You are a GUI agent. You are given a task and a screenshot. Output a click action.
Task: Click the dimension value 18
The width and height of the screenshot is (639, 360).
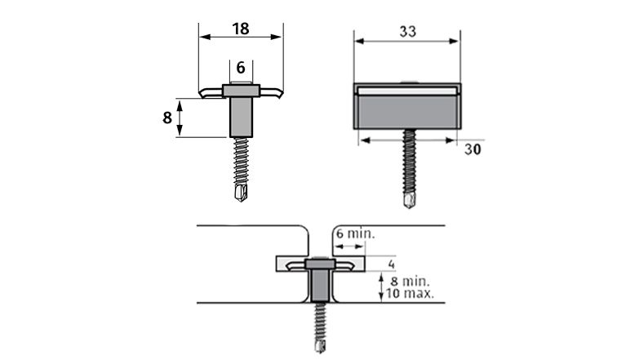pyautogui.click(x=241, y=29)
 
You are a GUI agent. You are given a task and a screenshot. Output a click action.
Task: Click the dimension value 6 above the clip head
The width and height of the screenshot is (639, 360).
pyautogui.click(x=241, y=68)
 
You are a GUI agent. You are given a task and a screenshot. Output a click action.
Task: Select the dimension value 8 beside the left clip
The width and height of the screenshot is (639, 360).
pyautogui.click(x=167, y=118)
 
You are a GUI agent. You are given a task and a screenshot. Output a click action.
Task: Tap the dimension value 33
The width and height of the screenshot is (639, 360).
pyautogui.click(x=407, y=31)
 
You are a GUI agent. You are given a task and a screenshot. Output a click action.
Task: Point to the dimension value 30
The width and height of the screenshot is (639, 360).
pyautogui.click(x=473, y=149)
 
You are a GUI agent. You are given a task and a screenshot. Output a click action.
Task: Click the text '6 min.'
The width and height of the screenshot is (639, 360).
pyautogui.click(x=355, y=234)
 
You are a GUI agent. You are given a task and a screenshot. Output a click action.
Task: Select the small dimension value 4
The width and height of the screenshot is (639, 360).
pyautogui.click(x=391, y=264)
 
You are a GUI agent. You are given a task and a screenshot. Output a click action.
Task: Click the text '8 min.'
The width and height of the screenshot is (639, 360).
pyautogui.click(x=410, y=282)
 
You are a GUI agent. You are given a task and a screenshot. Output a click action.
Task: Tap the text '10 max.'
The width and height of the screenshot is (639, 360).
pyautogui.click(x=410, y=293)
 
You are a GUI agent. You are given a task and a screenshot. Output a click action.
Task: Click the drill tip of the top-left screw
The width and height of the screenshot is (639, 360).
pyautogui.click(x=241, y=193)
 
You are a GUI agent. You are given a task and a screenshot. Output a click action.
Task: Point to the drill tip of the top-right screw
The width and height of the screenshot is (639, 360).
pyautogui.click(x=409, y=200)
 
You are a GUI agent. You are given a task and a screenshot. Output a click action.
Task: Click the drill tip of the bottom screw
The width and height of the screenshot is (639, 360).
pyautogui.click(x=320, y=346)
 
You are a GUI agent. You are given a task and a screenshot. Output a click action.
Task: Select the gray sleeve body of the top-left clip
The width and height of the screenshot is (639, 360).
pyautogui.click(x=241, y=118)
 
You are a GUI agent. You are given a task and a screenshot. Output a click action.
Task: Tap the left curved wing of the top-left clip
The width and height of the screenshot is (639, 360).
pyautogui.click(x=211, y=92)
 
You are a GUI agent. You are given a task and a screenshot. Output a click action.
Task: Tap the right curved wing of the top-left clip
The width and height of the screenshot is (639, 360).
pyautogui.click(x=271, y=92)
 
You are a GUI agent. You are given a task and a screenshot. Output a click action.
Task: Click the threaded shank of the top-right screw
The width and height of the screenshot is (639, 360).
pyautogui.click(x=409, y=161)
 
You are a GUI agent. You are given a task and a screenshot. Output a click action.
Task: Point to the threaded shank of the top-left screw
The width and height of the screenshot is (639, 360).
pyautogui.click(x=242, y=162)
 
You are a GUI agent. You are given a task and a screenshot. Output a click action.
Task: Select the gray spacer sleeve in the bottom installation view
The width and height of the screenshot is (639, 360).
pyautogui.click(x=320, y=285)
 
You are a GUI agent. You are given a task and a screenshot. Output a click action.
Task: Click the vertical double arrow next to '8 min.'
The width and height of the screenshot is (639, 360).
pyautogui.click(x=381, y=288)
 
